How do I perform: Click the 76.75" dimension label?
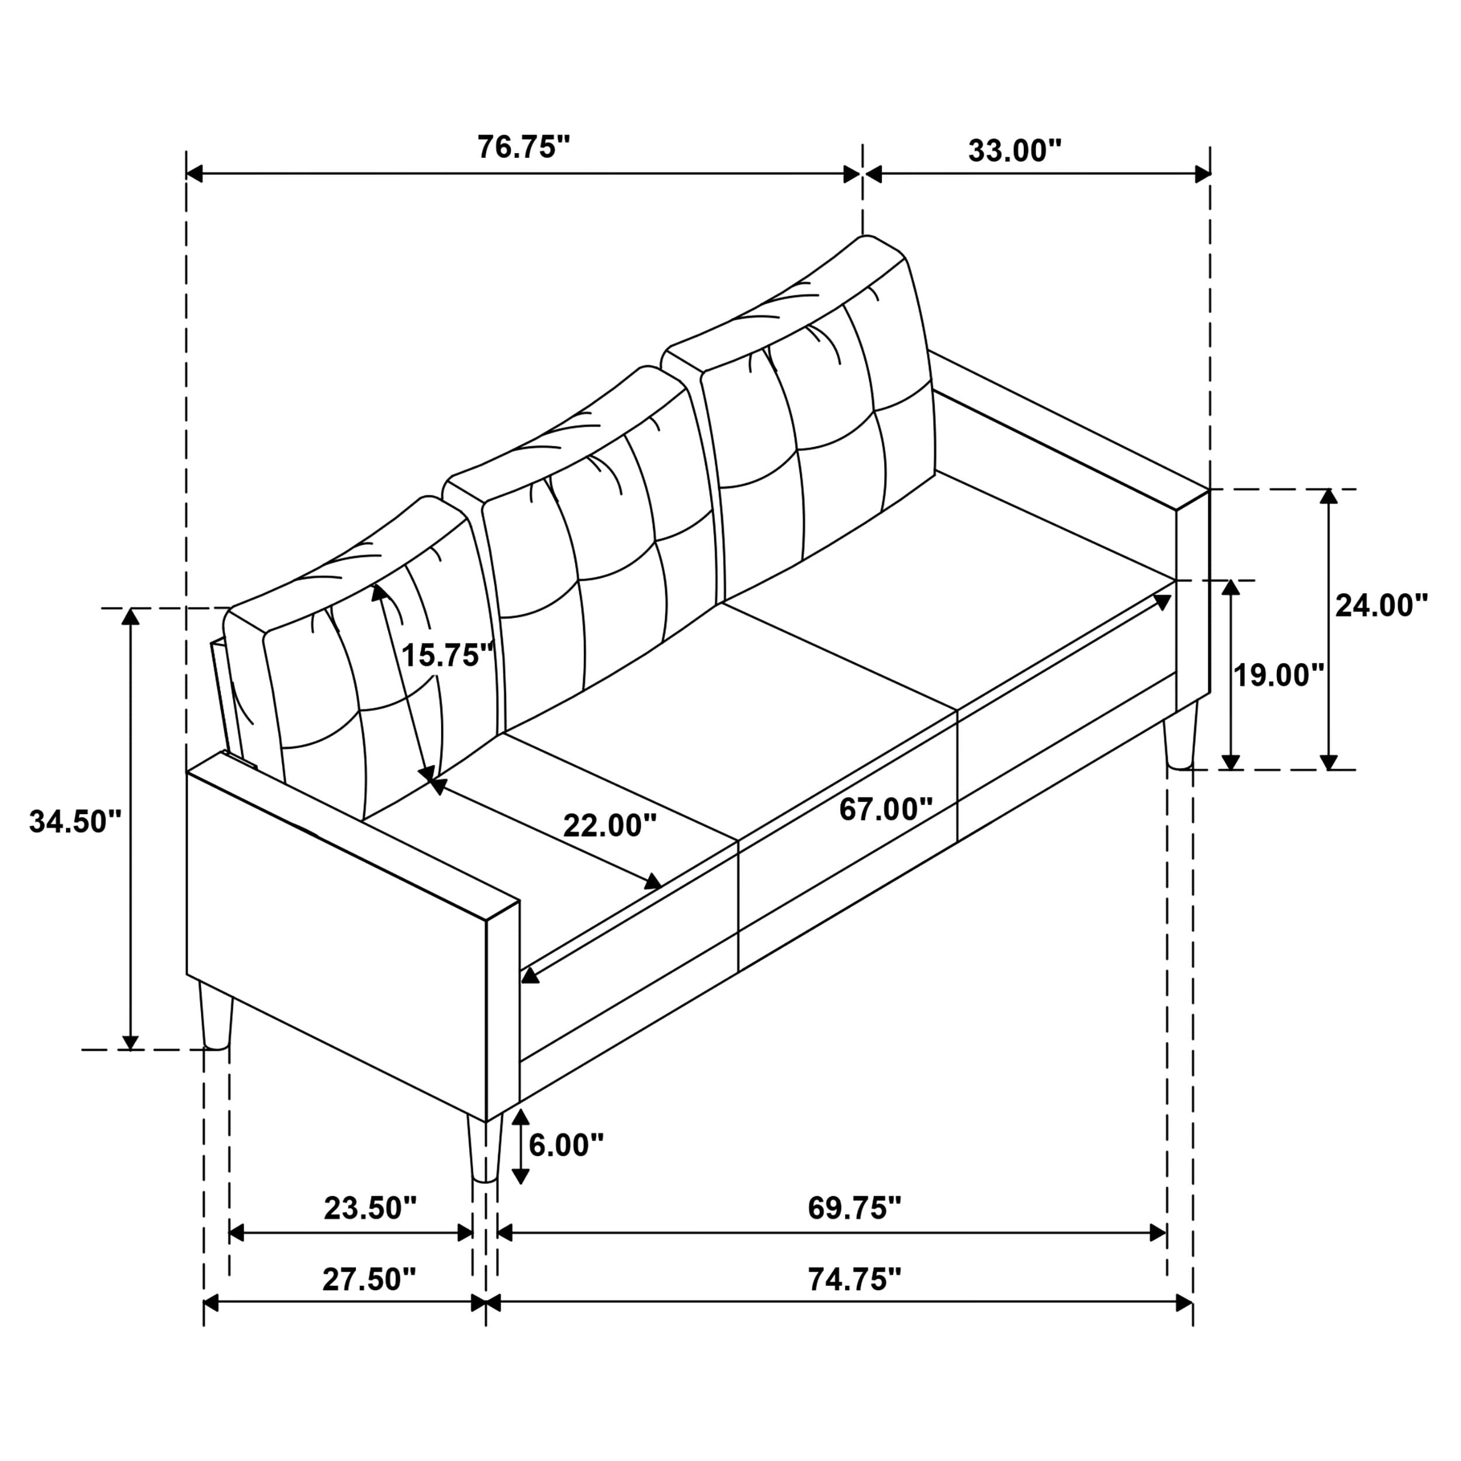pos(522,147)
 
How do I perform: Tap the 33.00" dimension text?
pos(1015,151)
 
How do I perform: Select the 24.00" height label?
pos(1381,605)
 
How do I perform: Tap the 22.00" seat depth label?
pos(610,825)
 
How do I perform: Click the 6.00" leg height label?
pos(566,1145)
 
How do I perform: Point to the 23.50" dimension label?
pos(370,1208)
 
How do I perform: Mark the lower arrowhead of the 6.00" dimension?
pos(520,1175)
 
